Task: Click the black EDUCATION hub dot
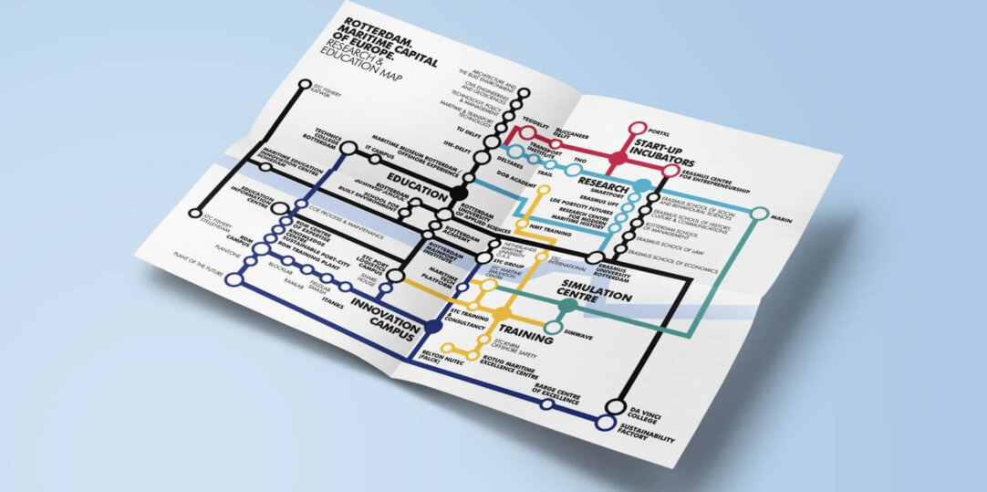tap(458, 194)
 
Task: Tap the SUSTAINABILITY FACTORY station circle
tap(605, 423)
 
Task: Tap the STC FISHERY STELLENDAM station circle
tap(194, 215)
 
